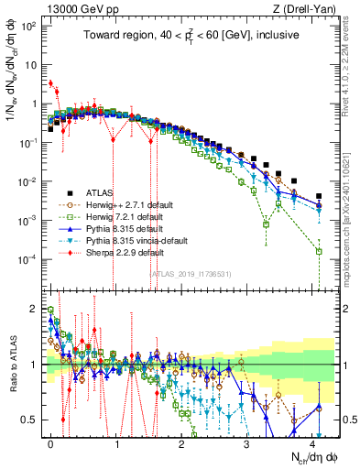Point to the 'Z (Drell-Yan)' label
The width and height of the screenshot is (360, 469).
[x=311, y=10]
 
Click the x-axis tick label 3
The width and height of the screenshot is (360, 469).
[x=248, y=445]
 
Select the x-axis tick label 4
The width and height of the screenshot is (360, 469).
[x=313, y=445]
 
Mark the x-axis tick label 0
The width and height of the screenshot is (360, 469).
[x=51, y=445]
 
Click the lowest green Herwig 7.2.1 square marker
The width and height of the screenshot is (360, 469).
[x=319, y=251]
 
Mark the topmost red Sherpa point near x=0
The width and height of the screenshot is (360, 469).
[x=51, y=83]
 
